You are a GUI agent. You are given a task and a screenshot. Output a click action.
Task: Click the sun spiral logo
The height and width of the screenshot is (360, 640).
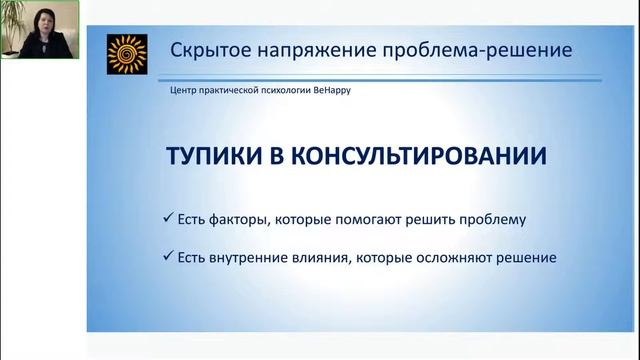(x=127, y=54)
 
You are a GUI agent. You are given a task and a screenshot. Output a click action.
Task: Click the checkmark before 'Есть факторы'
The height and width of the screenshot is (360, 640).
(x=167, y=218)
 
